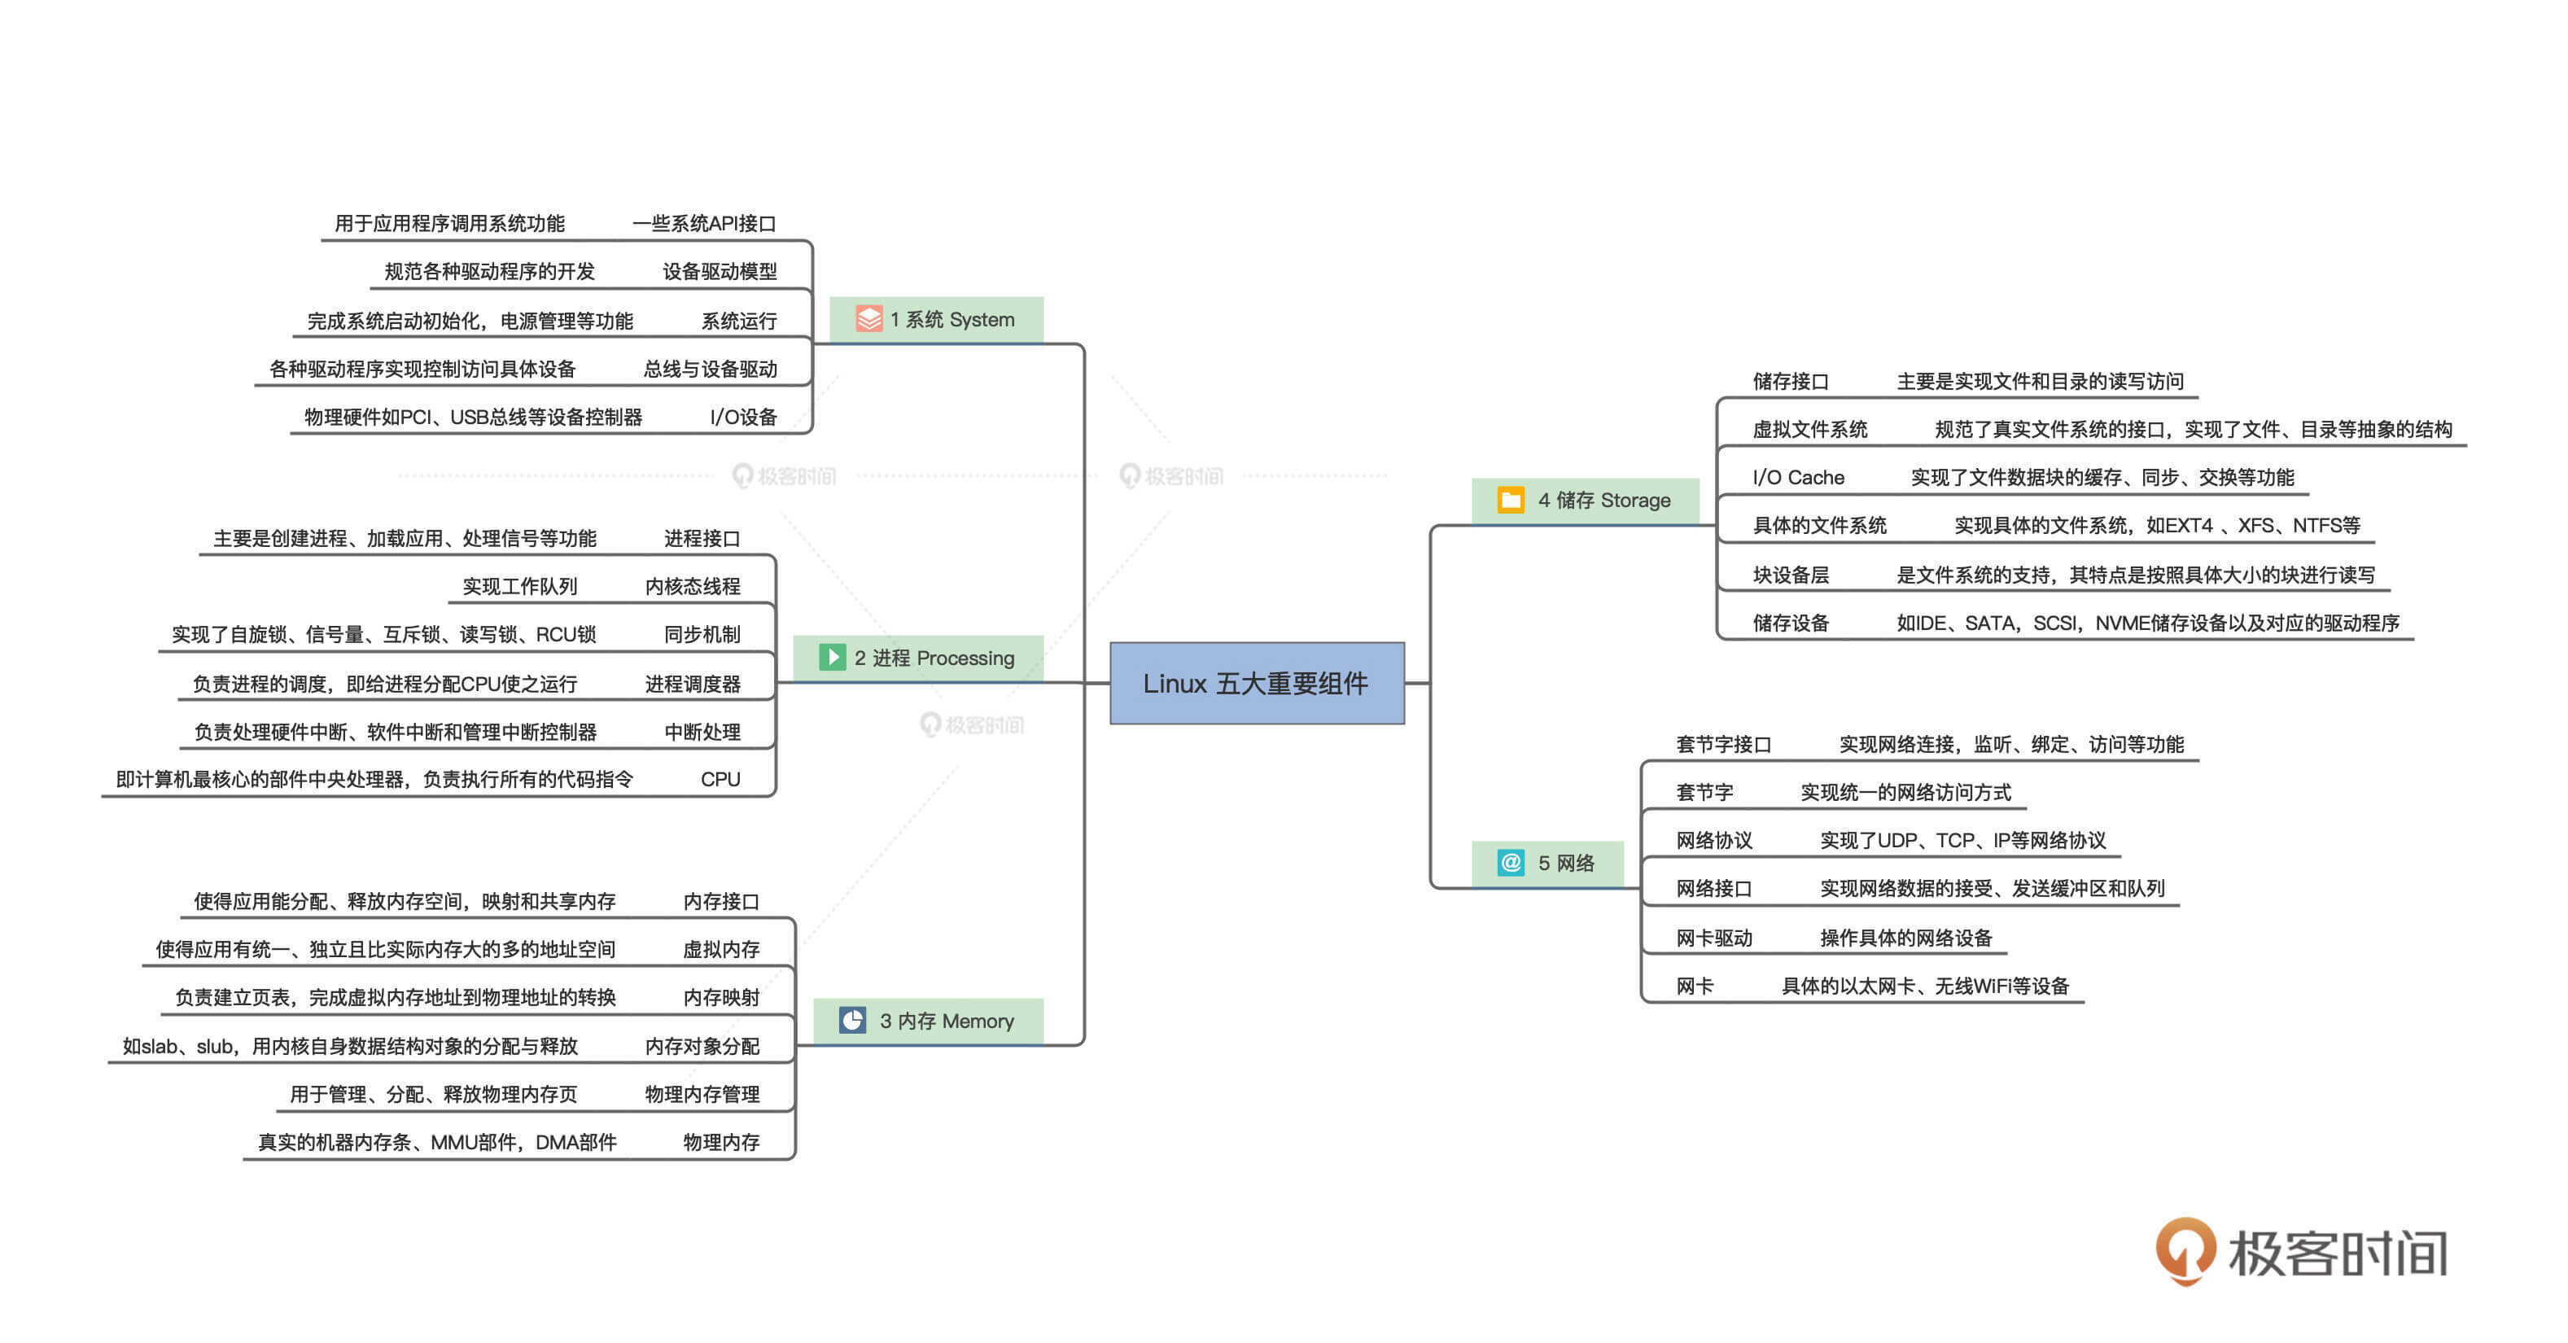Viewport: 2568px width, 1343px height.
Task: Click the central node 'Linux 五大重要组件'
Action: pos(1257,683)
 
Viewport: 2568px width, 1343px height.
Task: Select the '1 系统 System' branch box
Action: pos(936,319)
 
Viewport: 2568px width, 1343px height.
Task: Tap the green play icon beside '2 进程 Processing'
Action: pos(831,657)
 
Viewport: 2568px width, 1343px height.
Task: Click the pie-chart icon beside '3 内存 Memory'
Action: pos(852,1020)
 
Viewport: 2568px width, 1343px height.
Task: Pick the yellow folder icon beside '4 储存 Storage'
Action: pos(1511,500)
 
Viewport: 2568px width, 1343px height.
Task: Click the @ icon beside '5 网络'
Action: pos(1511,863)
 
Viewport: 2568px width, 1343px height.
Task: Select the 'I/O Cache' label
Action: pos(1798,477)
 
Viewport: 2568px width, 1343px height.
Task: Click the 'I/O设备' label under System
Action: pos(742,417)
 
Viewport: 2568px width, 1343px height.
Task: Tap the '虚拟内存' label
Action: pos(721,949)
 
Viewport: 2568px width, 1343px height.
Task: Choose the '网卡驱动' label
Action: pos(1713,937)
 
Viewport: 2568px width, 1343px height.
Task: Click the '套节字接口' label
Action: pos(1724,744)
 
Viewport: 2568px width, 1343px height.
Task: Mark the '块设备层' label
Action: pos(1791,575)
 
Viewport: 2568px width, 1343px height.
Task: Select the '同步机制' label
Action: pos(702,634)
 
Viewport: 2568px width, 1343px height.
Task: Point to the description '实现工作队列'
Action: pos(519,585)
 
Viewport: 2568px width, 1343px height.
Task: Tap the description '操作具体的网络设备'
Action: pos(1906,937)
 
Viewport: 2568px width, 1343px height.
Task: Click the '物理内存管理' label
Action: pos(702,1094)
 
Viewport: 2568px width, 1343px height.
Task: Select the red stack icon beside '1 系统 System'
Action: pos(868,318)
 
